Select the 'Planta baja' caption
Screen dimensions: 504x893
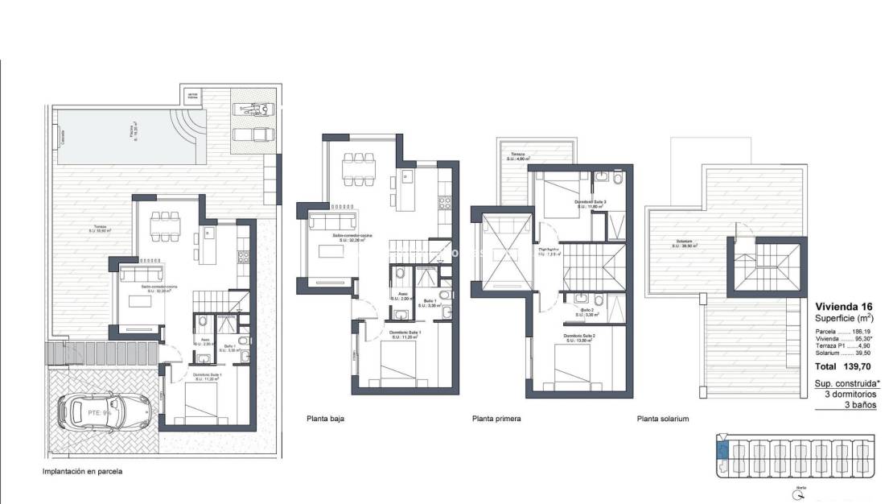(x=327, y=419)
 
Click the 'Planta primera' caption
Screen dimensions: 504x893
(x=496, y=419)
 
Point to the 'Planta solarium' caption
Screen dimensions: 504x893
(x=663, y=419)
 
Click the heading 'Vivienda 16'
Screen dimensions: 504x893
(x=842, y=307)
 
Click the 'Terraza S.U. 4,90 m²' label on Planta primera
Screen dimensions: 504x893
(x=516, y=156)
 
